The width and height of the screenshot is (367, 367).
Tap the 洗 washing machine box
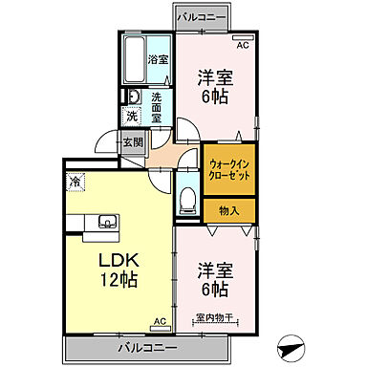(x=133, y=117)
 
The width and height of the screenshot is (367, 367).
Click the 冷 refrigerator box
(x=75, y=179)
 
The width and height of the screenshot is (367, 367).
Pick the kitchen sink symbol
(x=104, y=225)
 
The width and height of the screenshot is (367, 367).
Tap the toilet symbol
(x=187, y=202)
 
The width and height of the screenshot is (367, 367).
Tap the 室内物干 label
(x=218, y=318)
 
